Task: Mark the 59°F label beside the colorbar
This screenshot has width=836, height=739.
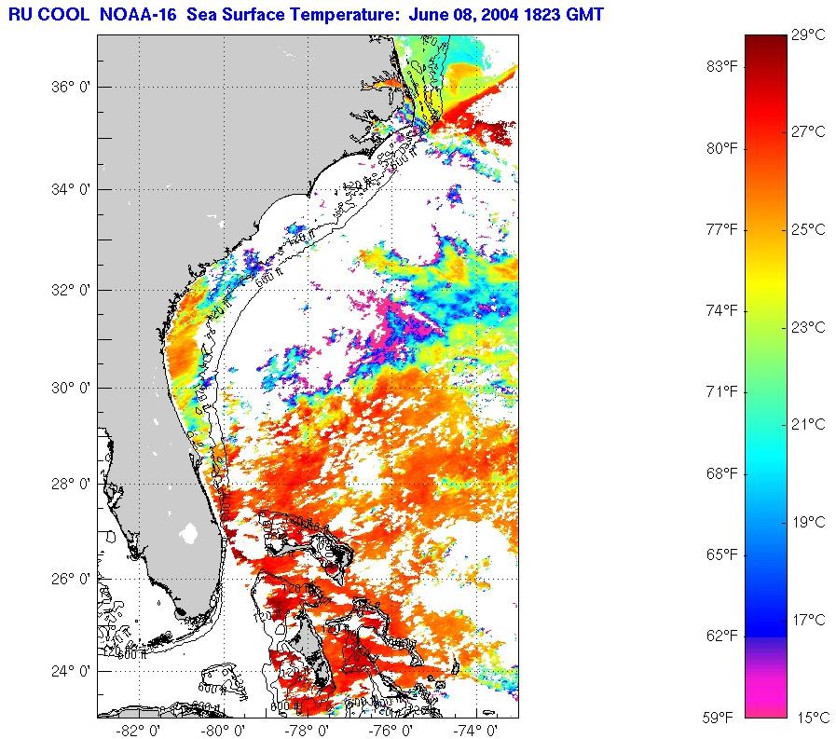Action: tap(720, 718)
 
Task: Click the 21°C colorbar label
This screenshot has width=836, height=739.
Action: tap(808, 425)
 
